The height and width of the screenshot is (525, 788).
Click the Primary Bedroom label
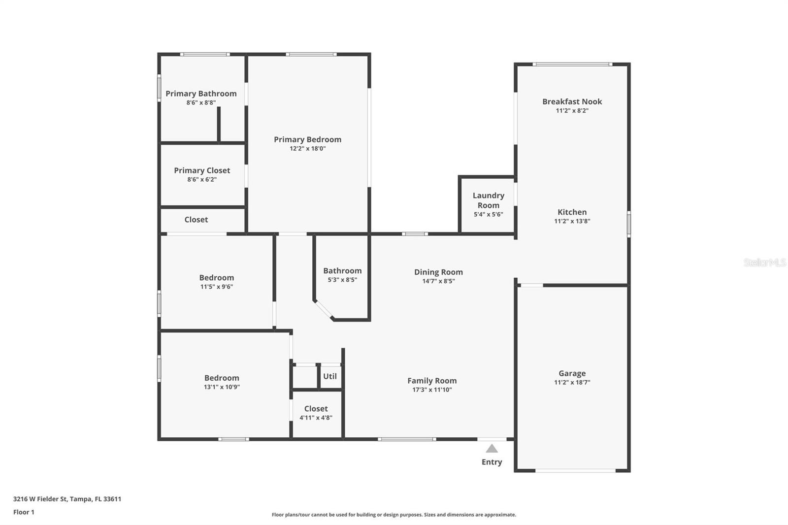(x=307, y=139)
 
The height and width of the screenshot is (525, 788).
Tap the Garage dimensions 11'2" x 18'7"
(x=572, y=382)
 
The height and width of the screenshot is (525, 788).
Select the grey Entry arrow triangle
(x=492, y=448)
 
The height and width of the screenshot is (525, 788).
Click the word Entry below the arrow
(x=492, y=462)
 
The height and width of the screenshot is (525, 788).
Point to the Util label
(x=329, y=376)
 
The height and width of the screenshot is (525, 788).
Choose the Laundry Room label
(x=488, y=200)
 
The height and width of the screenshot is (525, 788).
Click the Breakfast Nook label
(x=572, y=101)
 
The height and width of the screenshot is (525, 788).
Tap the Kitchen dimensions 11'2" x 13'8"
(x=572, y=221)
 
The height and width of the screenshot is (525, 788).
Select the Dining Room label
(x=438, y=272)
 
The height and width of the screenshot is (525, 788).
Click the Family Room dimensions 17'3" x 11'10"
(x=431, y=390)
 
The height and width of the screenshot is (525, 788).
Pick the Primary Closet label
(x=202, y=170)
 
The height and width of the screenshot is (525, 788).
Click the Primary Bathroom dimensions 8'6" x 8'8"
(x=201, y=102)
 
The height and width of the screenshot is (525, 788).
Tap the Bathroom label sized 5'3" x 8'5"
(x=342, y=271)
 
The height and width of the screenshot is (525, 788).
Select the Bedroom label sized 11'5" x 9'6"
(x=216, y=278)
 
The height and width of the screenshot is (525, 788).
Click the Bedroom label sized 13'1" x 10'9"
(x=222, y=378)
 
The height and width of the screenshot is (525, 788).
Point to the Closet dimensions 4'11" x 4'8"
(x=316, y=418)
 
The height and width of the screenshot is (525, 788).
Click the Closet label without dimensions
(x=196, y=220)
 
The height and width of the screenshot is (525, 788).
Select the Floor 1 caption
(x=24, y=512)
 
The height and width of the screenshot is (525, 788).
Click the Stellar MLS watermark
(x=764, y=262)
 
